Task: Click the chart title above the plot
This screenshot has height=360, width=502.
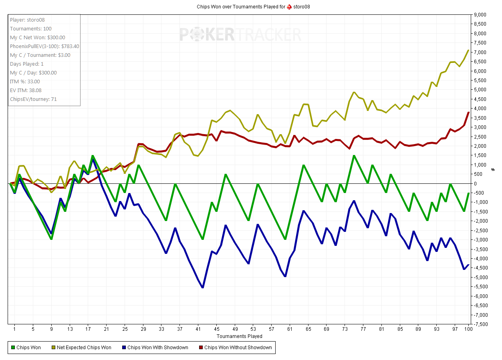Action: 253,7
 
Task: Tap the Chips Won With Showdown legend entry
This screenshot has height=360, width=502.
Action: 157,347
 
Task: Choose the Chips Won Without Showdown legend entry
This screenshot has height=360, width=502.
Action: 238,347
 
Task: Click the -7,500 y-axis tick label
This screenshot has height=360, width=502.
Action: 481,324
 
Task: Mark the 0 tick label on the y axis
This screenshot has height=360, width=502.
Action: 476,183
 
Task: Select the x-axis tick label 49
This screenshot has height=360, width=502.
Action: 235,329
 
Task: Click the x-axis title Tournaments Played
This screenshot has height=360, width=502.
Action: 240,336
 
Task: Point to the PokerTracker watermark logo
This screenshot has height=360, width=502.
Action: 240,34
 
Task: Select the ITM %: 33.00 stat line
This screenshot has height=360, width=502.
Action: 25,82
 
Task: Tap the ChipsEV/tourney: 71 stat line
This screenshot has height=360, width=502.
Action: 30,99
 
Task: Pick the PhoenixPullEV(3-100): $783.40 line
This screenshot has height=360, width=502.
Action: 44,46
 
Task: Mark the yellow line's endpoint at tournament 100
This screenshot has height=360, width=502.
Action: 468,50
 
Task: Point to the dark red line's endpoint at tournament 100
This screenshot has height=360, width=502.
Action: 468,113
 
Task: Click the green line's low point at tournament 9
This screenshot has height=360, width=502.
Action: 51,239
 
